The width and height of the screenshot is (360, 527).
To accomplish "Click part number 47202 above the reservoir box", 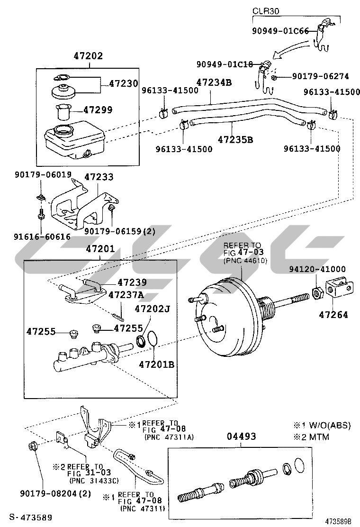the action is (88, 56).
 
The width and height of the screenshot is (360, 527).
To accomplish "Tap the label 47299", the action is (98, 110).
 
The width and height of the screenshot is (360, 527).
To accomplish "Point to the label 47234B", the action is (214, 82).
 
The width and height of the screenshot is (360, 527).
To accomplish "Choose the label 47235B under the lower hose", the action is (235, 139).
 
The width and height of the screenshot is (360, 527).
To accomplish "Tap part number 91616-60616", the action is (42, 236).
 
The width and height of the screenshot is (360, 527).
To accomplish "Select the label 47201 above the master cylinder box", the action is (100, 249).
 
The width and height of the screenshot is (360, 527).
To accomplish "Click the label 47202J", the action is (153, 309).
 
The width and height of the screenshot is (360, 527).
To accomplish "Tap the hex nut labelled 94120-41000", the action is (318, 293).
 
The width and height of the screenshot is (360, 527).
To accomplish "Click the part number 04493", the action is (241, 436).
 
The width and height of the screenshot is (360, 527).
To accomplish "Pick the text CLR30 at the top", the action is (266, 11).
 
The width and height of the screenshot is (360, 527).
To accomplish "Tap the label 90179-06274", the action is (320, 77).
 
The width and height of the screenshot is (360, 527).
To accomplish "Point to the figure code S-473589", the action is (31, 517).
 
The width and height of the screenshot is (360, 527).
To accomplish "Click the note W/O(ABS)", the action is (330, 426).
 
